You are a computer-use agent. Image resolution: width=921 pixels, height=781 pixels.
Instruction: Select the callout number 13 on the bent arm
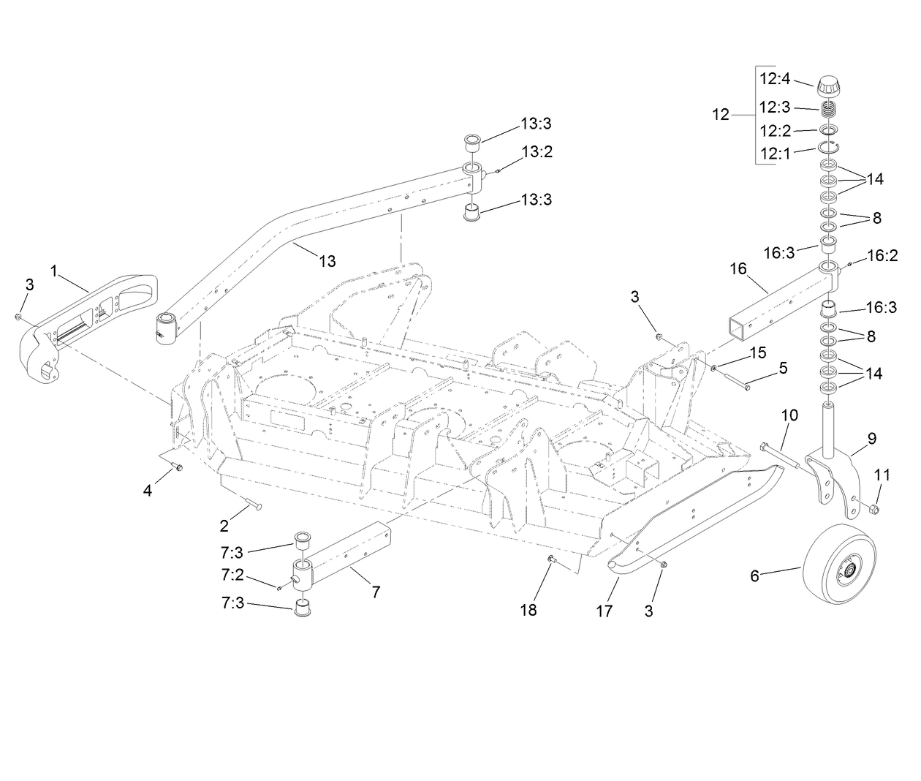(328, 260)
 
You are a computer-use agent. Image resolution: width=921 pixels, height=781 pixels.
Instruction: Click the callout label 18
(528, 609)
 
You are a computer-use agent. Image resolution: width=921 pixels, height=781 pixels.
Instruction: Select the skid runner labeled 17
(694, 512)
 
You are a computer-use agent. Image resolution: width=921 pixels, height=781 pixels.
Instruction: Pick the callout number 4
(148, 491)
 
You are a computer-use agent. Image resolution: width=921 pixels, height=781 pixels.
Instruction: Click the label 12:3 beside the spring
(774, 107)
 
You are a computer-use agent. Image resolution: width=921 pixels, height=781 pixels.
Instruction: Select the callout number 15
(758, 352)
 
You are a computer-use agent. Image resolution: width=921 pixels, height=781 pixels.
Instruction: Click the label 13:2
(537, 152)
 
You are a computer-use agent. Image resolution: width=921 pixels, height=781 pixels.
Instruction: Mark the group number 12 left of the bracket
(721, 115)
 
